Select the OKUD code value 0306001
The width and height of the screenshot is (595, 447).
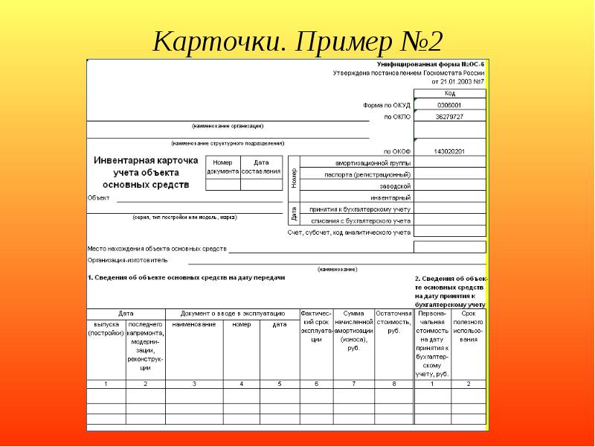click(449, 106)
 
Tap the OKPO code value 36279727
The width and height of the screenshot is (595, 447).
click(449, 117)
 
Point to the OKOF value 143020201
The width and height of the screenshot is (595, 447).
click(449, 151)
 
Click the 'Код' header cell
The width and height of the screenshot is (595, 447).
click(449, 94)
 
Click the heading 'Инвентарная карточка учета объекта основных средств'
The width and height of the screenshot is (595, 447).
click(146, 172)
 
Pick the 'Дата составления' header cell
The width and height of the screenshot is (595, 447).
click(261, 167)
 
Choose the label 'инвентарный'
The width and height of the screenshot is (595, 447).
click(392, 197)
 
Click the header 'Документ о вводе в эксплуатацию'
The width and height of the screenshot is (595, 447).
click(232, 313)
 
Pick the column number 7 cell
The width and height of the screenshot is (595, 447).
click(353, 384)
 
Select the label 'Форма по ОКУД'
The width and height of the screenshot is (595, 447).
click(386, 106)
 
